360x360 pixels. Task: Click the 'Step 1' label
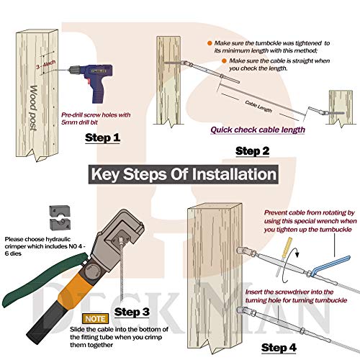click(x=102, y=138)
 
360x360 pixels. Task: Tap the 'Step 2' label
click(x=253, y=151)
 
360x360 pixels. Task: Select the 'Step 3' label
click(x=132, y=312)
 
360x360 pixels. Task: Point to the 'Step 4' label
click(x=279, y=348)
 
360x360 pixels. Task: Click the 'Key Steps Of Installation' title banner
click(x=184, y=174)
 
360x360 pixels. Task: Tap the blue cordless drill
click(x=92, y=81)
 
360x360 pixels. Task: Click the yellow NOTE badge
click(x=95, y=319)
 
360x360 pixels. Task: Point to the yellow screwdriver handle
click(x=287, y=248)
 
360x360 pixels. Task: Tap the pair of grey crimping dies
click(x=60, y=217)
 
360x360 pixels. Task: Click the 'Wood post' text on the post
click(x=34, y=108)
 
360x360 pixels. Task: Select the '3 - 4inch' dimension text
click(x=46, y=65)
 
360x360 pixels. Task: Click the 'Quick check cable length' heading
click(x=258, y=130)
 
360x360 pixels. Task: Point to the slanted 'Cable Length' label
click(x=258, y=107)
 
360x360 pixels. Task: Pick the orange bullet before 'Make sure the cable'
click(x=224, y=61)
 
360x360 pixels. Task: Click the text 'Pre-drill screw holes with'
click(x=96, y=115)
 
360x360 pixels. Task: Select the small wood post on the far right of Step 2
click(x=341, y=108)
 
